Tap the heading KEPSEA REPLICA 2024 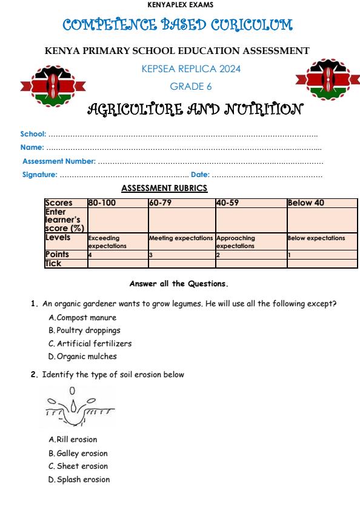point(191,69)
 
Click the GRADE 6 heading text point(191,86)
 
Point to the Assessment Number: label point(59,161)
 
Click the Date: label point(201,175)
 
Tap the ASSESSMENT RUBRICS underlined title point(165,188)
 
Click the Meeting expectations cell point(181,238)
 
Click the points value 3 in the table point(151,255)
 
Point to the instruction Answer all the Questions point(179,283)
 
